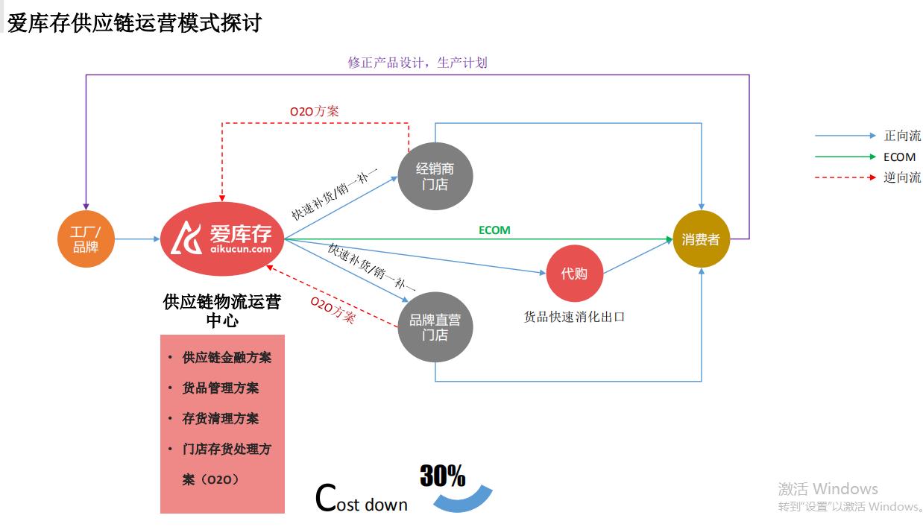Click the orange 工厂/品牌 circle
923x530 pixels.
(86, 239)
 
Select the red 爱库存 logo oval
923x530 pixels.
(222, 239)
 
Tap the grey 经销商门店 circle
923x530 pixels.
(435, 177)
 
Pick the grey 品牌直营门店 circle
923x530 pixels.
(435, 328)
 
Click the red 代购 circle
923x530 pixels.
(574, 274)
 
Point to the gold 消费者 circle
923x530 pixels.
(701, 240)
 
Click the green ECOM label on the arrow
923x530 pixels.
(494, 230)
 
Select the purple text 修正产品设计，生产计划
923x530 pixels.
(418, 63)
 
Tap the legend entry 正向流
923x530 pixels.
(902, 136)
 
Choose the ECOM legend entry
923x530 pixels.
(899, 157)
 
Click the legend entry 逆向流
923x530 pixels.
(902, 177)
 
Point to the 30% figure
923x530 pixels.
(442, 476)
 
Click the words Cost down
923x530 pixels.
(362, 499)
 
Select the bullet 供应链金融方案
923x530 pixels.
(227, 358)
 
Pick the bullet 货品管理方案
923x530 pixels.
(221, 388)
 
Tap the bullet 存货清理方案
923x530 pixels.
(221, 419)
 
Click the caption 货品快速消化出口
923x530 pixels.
(574, 317)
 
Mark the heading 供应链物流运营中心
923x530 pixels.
(222, 311)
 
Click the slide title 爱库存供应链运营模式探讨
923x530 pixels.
(134, 22)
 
